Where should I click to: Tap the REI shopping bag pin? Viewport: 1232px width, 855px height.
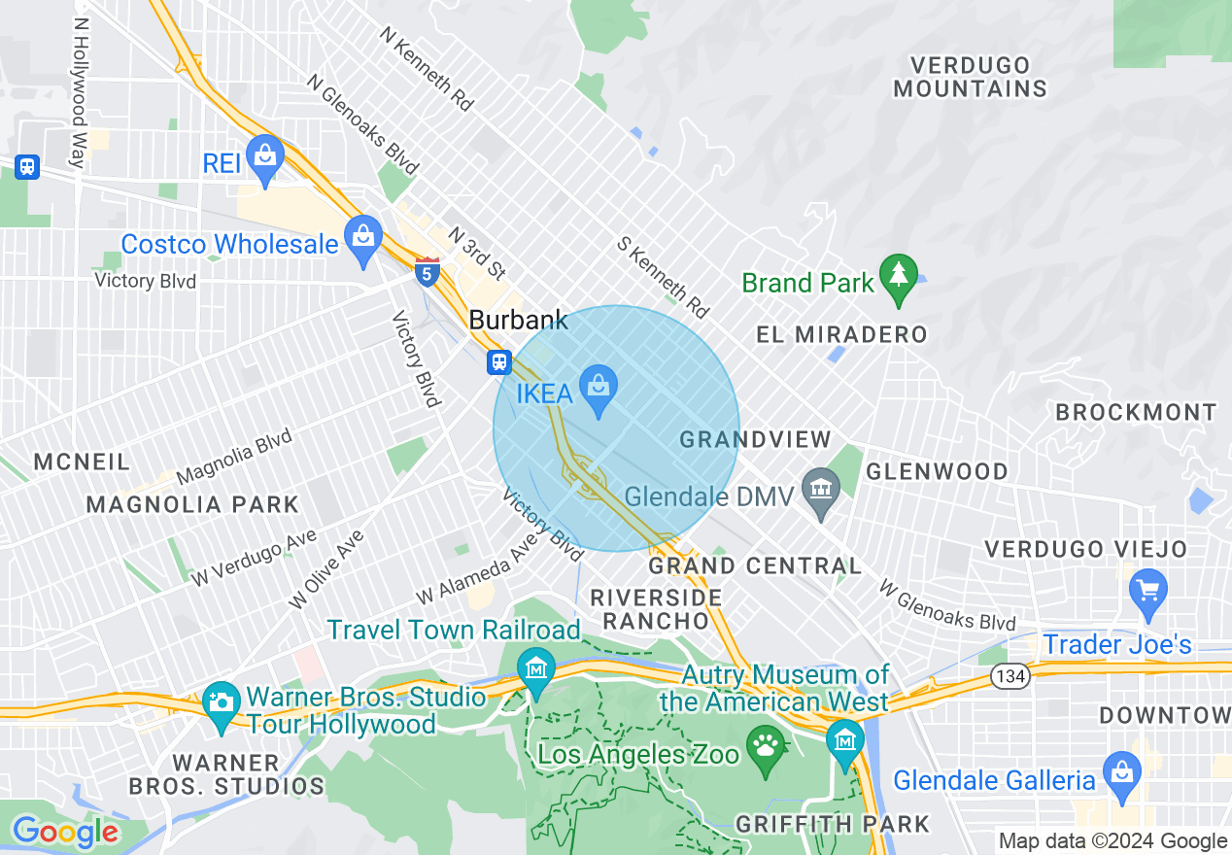264,156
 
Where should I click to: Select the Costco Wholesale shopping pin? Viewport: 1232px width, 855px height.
363,239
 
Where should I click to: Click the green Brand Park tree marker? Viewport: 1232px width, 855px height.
898,276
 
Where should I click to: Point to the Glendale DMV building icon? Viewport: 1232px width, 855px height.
822,490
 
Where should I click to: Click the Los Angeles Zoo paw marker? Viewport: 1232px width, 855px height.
765,749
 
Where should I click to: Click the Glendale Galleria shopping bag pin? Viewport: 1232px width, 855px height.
1122,773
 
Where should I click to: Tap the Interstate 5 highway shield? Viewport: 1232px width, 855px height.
427,271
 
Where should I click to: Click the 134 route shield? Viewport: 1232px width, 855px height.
1011,677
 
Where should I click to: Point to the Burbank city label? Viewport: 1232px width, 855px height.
518,320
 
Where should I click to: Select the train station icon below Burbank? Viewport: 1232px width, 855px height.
499,362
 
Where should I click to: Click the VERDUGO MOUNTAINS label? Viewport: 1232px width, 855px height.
970,77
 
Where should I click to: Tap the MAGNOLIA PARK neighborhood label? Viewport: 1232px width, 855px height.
192,504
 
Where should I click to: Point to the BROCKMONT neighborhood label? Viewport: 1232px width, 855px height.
1135,412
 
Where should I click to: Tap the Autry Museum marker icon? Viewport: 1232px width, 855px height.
844,742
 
